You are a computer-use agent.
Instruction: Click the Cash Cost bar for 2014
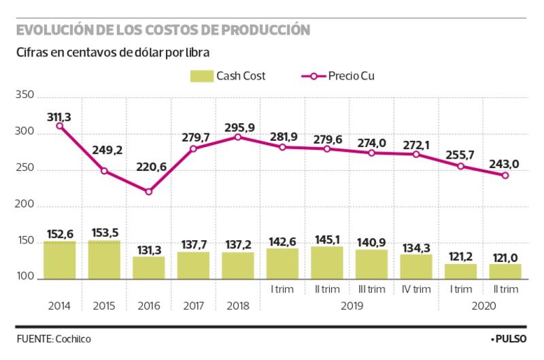pyautogui.click(x=60, y=260)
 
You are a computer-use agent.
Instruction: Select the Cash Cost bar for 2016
pyautogui.click(x=149, y=267)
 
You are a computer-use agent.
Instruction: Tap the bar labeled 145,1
pyautogui.click(x=327, y=263)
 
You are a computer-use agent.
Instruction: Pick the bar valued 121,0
pyautogui.click(x=505, y=272)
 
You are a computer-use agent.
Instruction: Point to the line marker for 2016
pyautogui.click(x=149, y=191)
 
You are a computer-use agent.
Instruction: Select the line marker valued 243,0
pyautogui.click(x=505, y=176)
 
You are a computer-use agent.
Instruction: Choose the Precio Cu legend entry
pyautogui.click(x=336, y=76)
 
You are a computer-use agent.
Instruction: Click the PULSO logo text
pyautogui.click(x=511, y=338)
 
